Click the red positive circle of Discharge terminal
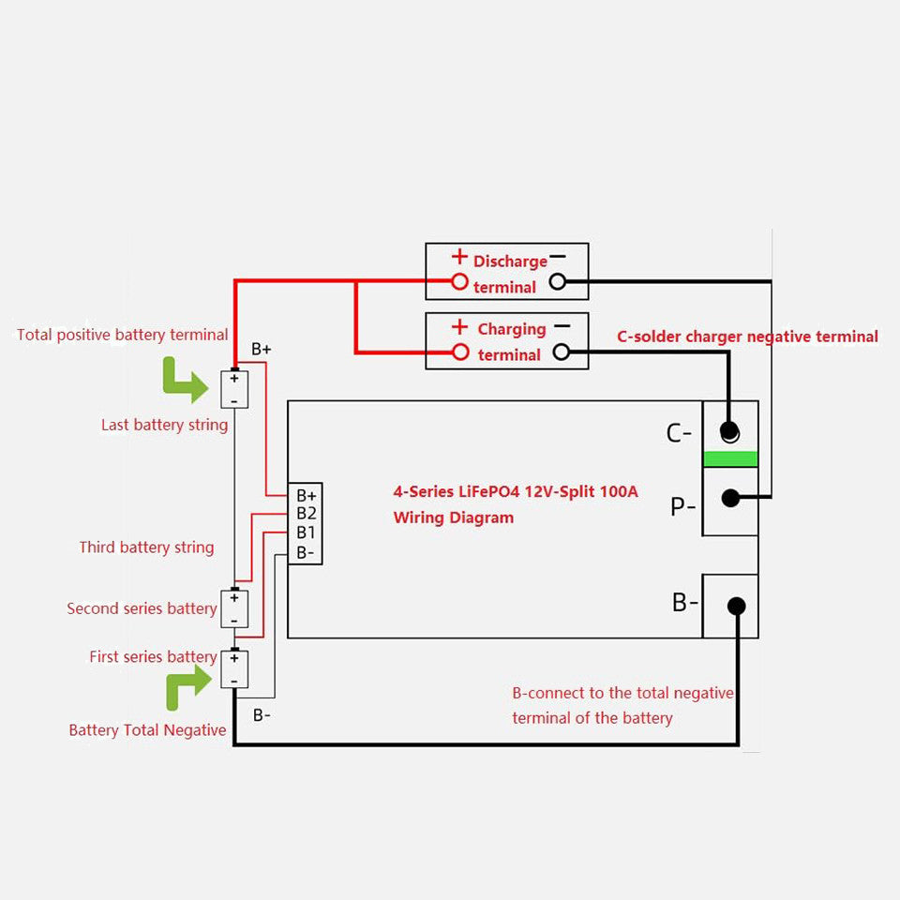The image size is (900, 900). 459,280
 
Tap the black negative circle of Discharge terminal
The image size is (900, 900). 558,280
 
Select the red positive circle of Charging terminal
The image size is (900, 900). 459,352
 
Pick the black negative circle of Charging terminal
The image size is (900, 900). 562,352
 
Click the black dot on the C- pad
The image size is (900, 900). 729,431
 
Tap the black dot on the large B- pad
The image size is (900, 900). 736,606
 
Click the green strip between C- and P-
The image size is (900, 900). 729,458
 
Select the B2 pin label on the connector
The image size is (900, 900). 307,514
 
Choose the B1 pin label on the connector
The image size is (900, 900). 307,532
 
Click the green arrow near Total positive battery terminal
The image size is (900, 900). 185,378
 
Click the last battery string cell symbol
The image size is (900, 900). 234,388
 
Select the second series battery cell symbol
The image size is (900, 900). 234,608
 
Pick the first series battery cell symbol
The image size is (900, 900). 234,669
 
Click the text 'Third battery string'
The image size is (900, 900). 146,547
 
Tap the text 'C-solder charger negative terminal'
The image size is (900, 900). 747,337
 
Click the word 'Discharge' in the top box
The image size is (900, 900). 510,262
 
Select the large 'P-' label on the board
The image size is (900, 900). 682,507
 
